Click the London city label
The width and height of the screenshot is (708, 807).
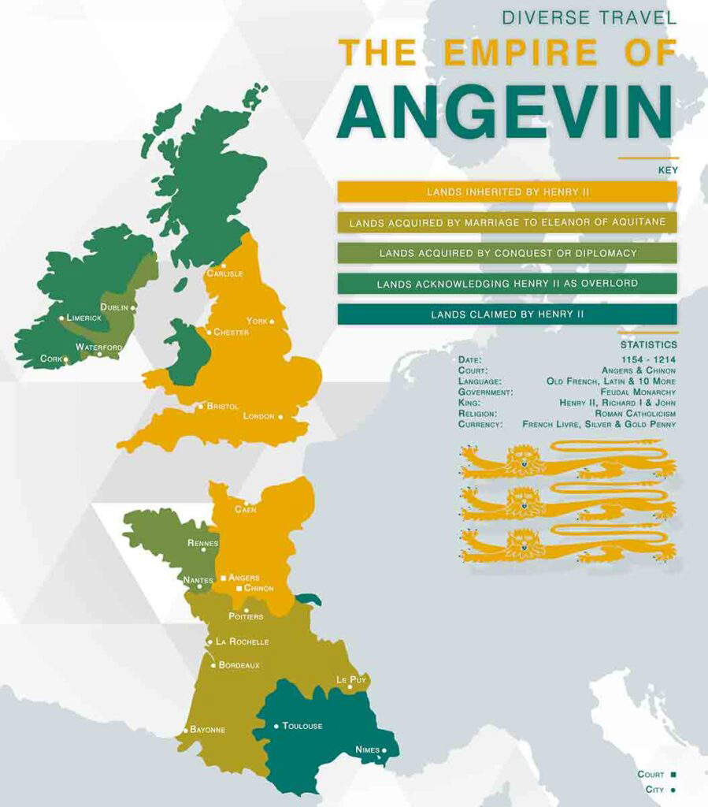(x=258, y=416)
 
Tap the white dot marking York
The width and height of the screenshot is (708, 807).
(x=272, y=322)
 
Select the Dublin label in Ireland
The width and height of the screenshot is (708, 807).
(x=114, y=307)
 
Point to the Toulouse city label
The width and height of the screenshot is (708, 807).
(x=302, y=726)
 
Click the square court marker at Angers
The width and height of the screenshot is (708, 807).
(x=223, y=578)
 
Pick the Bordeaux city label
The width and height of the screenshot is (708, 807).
(x=239, y=665)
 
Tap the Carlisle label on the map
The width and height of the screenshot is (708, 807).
(x=224, y=273)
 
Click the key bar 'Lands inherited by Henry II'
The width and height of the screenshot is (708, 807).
(x=507, y=192)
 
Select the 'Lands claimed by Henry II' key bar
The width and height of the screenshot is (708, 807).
(x=507, y=314)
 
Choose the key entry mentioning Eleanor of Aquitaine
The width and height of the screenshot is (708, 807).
(x=507, y=222)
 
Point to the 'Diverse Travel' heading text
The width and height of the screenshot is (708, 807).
(x=590, y=17)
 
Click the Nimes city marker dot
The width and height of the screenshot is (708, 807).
(x=384, y=750)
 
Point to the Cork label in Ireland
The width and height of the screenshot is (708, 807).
(x=50, y=359)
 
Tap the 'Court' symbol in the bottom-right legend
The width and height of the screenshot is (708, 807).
(x=673, y=775)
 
